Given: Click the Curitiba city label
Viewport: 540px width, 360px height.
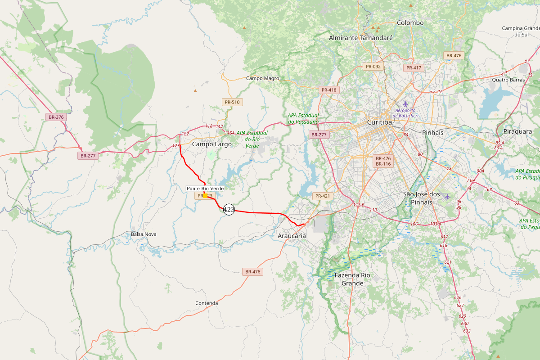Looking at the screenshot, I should (379, 122).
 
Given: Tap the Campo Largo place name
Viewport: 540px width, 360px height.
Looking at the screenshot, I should (211, 144).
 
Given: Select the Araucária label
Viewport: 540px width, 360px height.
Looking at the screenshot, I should (292, 236).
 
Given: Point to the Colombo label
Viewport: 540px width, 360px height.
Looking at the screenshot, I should (410, 23).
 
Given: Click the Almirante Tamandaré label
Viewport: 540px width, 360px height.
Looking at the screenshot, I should (360, 38).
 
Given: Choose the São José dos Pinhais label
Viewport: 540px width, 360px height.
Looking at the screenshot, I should (421, 198).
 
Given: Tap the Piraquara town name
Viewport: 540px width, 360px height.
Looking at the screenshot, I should (517, 132).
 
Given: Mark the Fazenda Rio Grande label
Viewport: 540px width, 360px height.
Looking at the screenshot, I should (352, 279).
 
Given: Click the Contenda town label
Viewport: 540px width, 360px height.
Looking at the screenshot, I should (207, 303).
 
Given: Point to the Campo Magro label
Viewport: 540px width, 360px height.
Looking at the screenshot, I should (262, 78).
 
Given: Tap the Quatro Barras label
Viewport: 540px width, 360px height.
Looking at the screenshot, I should (508, 80).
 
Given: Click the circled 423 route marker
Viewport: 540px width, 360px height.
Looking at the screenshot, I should (229, 209).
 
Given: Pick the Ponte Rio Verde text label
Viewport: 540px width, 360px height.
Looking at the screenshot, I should (205, 188).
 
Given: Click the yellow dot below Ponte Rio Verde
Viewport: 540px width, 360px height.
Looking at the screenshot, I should (205, 195).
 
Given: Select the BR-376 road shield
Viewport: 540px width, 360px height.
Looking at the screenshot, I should (56, 117).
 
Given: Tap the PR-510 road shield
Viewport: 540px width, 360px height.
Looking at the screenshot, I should (232, 102).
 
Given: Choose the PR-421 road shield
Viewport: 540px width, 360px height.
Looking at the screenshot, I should (323, 196).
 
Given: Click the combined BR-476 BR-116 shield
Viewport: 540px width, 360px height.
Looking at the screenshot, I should (383, 161).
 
